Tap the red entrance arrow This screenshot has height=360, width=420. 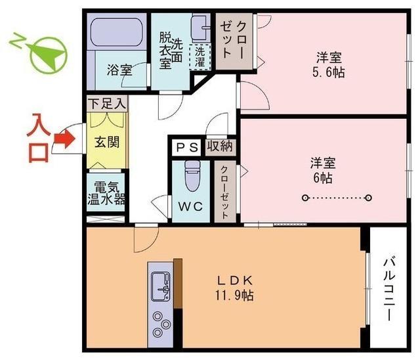click(x=62, y=139)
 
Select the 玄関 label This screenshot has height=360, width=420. click(x=105, y=142)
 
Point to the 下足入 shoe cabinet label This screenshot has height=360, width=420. click(x=106, y=104)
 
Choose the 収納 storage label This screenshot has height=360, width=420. click(x=219, y=146)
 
